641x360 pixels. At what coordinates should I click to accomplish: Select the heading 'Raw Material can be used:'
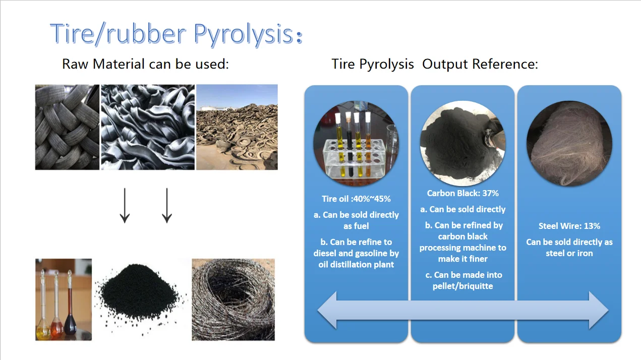(x=145, y=64)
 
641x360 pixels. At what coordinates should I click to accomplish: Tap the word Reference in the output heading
(x=505, y=64)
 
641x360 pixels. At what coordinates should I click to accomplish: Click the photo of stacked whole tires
(x=67, y=127)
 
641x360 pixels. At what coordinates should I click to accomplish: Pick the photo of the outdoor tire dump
(x=237, y=127)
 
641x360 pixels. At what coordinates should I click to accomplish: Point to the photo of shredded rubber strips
(x=148, y=127)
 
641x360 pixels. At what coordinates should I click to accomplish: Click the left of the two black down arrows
(x=125, y=206)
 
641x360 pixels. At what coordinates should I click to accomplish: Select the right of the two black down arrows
(x=167, y=206)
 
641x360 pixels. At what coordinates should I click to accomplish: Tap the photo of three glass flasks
(x=64, y=299)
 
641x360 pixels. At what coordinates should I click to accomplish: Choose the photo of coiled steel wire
(x=233, y=299)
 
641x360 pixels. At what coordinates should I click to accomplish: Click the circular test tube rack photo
(x=356, y=143)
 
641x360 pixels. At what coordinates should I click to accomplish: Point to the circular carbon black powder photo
(x=463, y=143)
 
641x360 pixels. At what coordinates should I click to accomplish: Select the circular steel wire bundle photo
(x=569, y=143)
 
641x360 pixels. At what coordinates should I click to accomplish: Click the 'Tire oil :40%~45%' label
(x=356, y=199)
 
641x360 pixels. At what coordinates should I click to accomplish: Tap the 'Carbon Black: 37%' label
(x=463, y=193)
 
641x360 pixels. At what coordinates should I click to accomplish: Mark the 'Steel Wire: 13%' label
(x=569, y=226)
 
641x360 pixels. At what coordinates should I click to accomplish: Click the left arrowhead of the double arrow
(x=327, y=310)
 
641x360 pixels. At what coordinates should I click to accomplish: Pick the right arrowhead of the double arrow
(x=599, y=310)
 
